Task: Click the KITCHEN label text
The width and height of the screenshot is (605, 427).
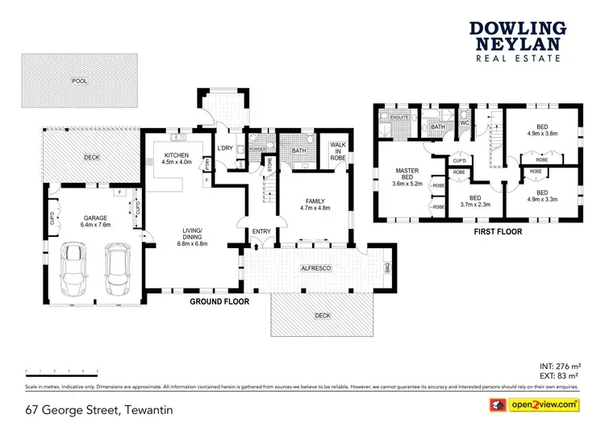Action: click(177, 155)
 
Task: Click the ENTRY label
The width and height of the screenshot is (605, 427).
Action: click(261, 231)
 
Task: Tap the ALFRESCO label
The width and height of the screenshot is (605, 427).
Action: click(315, 266)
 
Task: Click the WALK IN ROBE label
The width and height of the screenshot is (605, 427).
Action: click(338, 152)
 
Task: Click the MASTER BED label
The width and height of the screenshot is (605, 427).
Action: click(406, 174)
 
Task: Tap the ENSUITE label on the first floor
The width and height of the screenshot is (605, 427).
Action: click(400, 118)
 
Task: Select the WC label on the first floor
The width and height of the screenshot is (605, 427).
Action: click(465, 122)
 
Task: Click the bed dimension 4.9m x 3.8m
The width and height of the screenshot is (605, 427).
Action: click(541, 134)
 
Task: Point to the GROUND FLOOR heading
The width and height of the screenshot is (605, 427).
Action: click(219, 301)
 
